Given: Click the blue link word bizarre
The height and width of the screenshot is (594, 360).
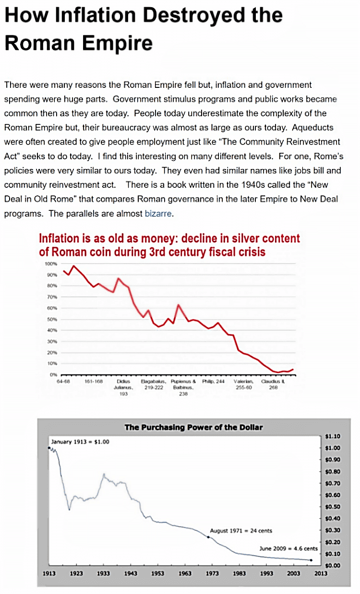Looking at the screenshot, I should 158,214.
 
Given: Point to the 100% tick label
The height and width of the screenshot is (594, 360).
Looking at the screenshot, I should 51,264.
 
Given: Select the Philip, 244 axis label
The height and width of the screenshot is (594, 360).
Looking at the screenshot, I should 214,381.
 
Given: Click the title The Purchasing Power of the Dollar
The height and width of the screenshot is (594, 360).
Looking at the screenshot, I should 193,427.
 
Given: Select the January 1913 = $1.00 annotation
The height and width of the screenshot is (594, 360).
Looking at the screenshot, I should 80,441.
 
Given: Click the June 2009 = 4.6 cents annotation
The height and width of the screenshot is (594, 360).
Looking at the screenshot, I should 288,548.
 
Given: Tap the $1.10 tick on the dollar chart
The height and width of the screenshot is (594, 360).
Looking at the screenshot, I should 333,436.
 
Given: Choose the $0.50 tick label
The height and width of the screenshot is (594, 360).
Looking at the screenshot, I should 333,507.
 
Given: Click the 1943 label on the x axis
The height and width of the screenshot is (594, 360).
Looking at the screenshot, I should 130,573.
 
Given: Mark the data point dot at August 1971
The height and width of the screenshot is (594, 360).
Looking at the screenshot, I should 208,537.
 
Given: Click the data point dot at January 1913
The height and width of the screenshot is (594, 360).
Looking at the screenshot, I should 49,448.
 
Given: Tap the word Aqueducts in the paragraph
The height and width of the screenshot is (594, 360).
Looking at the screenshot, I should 313,127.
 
